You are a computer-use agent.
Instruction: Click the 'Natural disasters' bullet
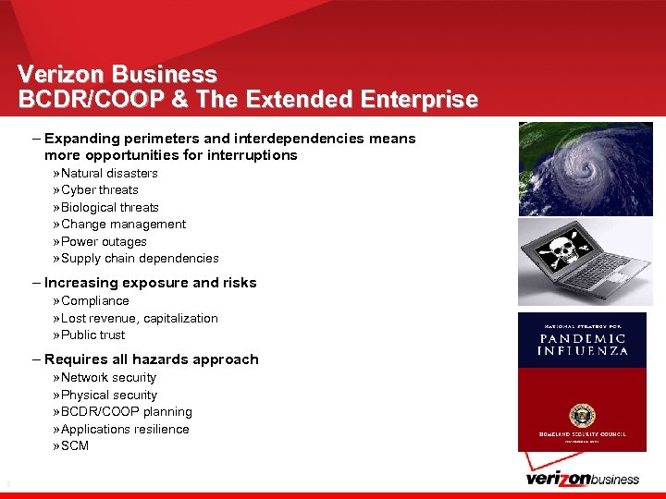pos(109,173)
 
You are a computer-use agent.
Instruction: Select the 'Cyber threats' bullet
pos(99,189)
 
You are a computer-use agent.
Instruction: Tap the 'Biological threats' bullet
pos(109,207)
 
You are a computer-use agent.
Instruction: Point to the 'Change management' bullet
pos(123,224)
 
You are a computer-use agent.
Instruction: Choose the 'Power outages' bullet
pos(104,241)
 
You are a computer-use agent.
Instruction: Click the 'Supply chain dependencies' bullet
pos(140,258)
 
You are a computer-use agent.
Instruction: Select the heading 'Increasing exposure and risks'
pos(150,283)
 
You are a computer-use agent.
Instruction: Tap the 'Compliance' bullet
pos(94,300)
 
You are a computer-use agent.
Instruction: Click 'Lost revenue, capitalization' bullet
pos(139,318)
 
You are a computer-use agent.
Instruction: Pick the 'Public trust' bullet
pos(92,335)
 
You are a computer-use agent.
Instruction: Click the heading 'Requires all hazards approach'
pos(151,359)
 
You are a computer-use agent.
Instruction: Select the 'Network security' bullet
pos(108,377)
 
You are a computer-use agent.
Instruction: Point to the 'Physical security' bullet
pos(108,395)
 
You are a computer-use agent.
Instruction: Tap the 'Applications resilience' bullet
pos(125,429)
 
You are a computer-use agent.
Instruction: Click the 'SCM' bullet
pos(75,445)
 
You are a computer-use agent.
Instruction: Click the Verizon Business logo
pos(582,478)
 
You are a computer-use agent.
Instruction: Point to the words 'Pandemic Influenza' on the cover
pos(583,344)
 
